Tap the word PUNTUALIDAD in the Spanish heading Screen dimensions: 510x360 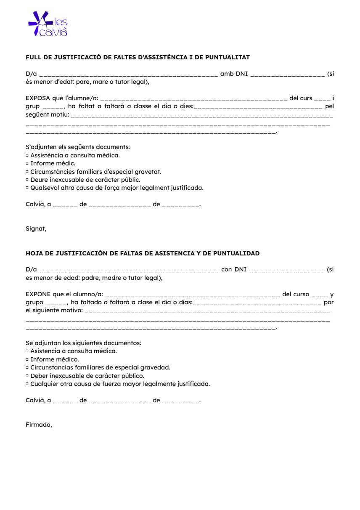click(236, 253)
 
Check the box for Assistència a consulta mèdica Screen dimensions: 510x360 click(27, 155)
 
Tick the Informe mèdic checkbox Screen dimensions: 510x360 click(27, 164)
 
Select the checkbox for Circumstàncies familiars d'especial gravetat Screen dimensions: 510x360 click(27, 172)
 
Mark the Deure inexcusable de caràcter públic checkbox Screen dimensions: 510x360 click(27, 180)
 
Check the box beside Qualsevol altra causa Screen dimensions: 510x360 click(27, 188)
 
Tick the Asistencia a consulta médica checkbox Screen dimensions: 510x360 click(27, 351)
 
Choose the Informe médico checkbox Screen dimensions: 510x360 click(27, 360)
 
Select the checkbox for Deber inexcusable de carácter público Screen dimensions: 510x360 click(27, 376)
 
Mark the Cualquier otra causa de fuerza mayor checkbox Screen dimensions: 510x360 click(27, 384)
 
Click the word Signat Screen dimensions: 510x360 click(36, 229)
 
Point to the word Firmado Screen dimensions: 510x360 click(39, 425)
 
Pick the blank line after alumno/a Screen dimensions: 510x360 click(193, 295)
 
